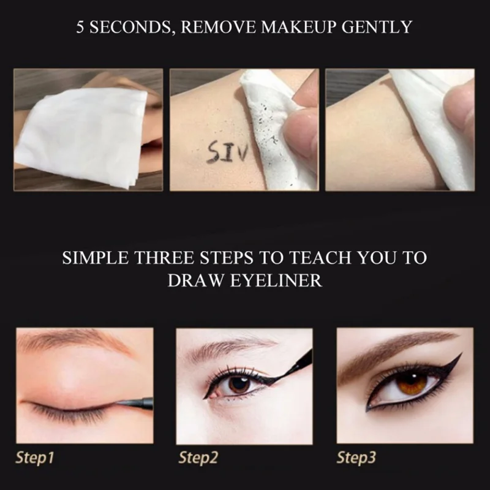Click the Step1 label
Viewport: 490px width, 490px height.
pyautogui.click(x=35, y=458)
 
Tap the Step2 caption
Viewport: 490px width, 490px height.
pyautogui.click(x=198, y=458)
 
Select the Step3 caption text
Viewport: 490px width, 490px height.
pyautogui.click(x=356, y=458)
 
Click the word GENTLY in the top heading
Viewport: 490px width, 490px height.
pyautogui.click(x=377, y=27)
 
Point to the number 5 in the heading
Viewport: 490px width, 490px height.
pyautogui.click(x=80, y=27)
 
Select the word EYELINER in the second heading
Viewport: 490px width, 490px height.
pyautogui.click(x=276, y=280)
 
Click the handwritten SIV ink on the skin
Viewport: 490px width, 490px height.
pyautogui.click(x=227, y=152)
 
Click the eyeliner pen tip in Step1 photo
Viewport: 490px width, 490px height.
pyautogui.click(x=118, y=403)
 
